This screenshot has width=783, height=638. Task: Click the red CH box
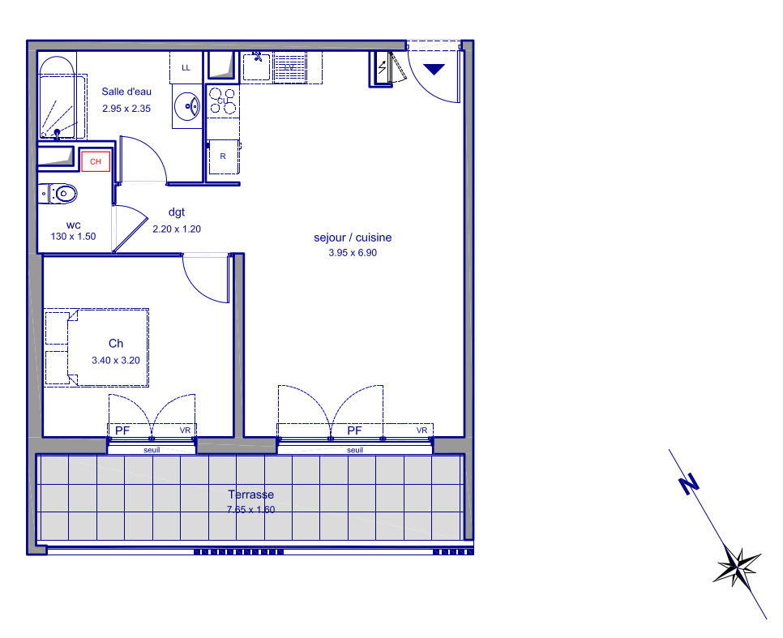(x=96, y=161)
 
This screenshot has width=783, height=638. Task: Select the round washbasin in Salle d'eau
(x=187, y=106)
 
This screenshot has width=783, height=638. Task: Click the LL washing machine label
(x=186, y=68)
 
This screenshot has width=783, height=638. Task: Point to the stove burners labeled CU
(x=222, y=101)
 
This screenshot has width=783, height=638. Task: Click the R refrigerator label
(x=223, y=156)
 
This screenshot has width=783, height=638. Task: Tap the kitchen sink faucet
(x=258, y=56)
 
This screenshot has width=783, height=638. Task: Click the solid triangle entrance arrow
(x=434, y=69)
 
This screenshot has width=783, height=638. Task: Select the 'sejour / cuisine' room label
(x=353, y=238)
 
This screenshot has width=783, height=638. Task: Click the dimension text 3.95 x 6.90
(x=353, y=253)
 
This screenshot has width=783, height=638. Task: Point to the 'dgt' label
(x=177, y=212)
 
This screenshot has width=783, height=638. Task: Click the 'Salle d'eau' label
(x=126, y=92)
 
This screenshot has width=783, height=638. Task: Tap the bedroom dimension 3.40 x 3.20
(x=116, y=360)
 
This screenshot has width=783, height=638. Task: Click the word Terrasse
(x=251, y=495)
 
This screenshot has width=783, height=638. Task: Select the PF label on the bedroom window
(x=122, y=430)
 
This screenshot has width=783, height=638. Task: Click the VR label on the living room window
(x=422, y=430)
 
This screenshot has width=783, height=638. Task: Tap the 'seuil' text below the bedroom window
(x=152, y=450)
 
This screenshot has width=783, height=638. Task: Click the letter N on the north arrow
(x=689, y=484)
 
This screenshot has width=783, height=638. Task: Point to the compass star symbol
(x=737, y=567)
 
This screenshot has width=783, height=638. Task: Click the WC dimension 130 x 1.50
(x=74, y=237)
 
